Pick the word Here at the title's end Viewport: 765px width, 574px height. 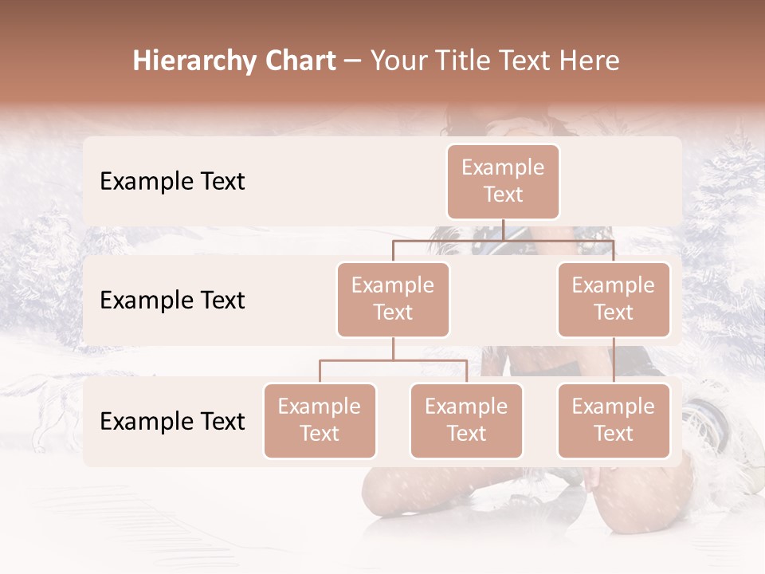click(x=587, y=61)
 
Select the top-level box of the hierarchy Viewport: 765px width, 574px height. click(x=503, y=181)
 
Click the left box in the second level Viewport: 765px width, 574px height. click(x=393, y=299)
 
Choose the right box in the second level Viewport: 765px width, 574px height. click(x=614, y=299)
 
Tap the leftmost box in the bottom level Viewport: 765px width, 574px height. click(x=320, y=420)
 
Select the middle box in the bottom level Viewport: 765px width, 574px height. click(x=466, y=420)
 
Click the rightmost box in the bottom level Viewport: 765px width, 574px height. click(x=614, y=420)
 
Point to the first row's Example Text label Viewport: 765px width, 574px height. click(x=172, y=181)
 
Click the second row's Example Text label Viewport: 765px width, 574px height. click(x=172, y=300)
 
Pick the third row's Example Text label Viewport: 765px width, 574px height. click(x=172, y=421)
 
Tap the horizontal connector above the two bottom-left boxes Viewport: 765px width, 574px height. click(x=393, y=360)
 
